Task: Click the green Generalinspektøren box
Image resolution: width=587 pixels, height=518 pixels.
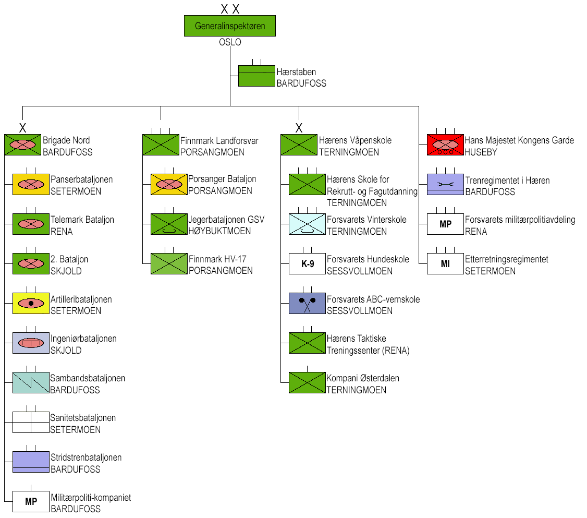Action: click(229, 26)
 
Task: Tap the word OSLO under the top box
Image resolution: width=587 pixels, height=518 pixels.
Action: click(230, 42)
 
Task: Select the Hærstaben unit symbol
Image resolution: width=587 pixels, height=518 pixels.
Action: click(256, 76)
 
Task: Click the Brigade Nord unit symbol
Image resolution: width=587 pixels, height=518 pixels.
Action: click(22, 144)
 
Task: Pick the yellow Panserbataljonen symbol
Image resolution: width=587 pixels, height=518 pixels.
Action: click(31, 184)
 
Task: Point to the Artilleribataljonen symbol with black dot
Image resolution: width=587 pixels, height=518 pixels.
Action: click(31, 303)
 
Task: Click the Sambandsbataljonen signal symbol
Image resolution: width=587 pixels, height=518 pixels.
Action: click(31, 382)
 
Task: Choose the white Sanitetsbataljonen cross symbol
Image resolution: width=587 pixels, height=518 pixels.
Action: click(31, 422)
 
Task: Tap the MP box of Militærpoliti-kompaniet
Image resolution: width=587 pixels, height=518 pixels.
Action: click(31, 502)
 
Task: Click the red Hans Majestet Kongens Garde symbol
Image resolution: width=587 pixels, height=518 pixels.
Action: click(445, 144)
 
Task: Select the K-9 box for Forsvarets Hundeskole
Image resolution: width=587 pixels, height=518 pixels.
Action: click(308, 263)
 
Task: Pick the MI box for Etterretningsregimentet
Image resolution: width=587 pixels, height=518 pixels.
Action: click(445, 263)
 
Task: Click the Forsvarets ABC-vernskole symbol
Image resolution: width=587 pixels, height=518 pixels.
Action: click(307, 303)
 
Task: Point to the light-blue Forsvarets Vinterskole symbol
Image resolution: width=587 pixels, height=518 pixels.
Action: click(307, 224)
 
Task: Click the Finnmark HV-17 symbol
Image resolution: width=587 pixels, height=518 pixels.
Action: click(169, 263)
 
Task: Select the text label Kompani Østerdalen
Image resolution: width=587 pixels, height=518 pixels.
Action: click(363, 378)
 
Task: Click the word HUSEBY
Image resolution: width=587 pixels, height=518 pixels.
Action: click(481, 152)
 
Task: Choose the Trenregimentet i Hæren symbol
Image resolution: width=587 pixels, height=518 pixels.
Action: click(445, 184)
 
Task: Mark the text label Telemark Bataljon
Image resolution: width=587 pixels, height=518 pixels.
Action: click(82, 220)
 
